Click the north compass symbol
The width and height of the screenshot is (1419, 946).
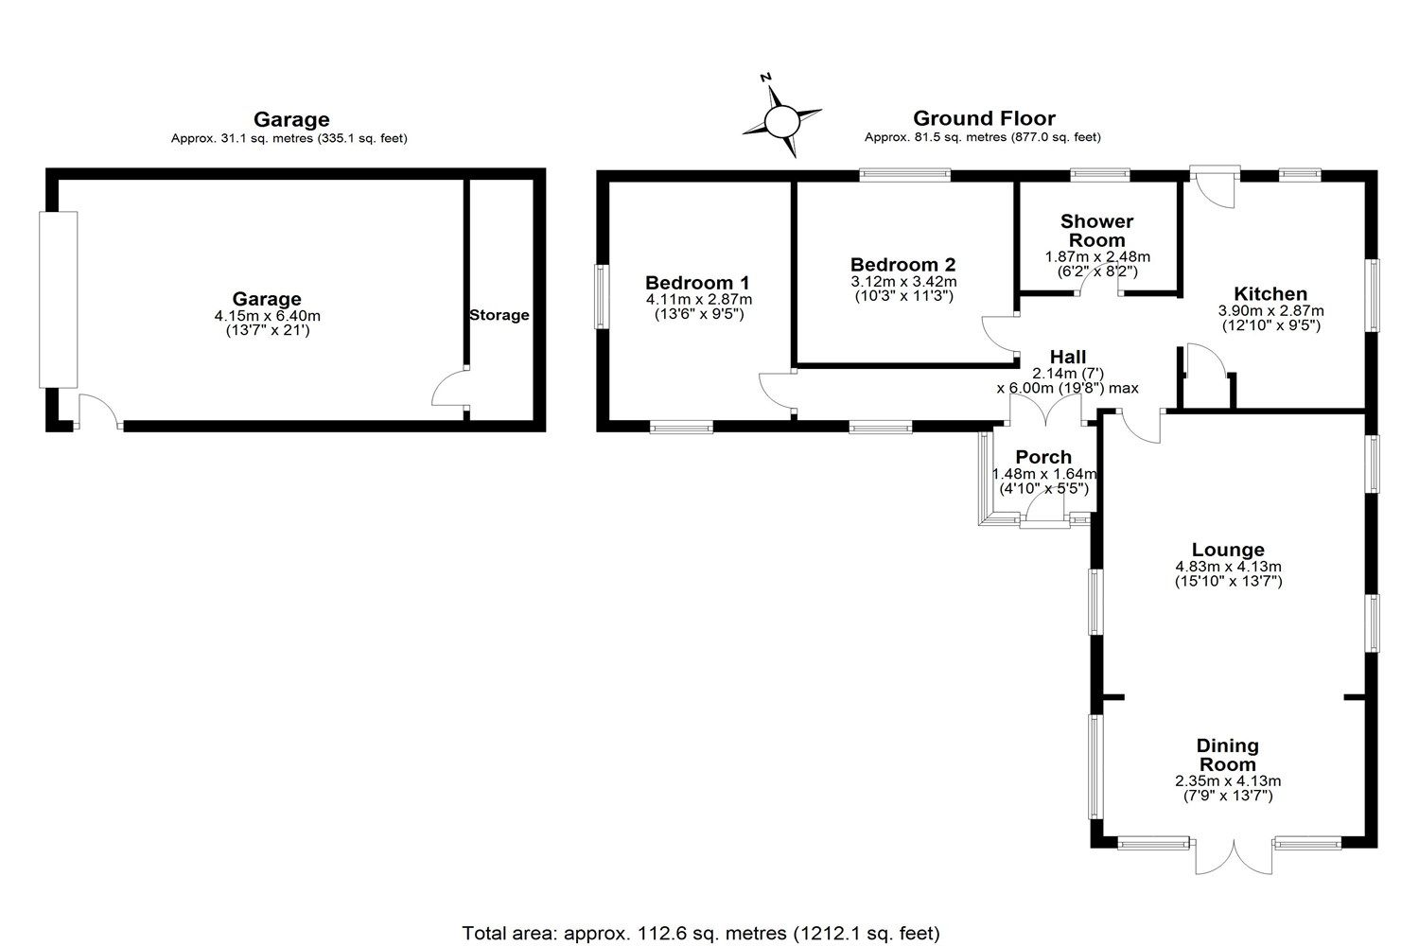click(781, 120)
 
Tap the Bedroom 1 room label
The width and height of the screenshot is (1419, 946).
click(697, 282)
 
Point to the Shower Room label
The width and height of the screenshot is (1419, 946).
click(1096, 231)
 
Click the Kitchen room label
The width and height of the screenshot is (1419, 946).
click(1270, 293)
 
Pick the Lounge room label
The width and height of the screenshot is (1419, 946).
click(1228, 550)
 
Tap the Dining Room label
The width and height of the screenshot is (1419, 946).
click(1228, 755)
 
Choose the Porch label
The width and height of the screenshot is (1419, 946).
click(1042, 457)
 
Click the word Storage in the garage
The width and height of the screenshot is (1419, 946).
click(499, 315)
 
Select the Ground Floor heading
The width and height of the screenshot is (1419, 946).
click(983, 118)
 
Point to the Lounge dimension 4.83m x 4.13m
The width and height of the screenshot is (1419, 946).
click(1228, 567)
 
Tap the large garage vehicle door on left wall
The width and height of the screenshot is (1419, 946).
click(57, 299)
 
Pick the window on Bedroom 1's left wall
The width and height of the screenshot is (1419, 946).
click(601, 296)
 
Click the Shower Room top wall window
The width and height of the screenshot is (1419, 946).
click(1099, 174)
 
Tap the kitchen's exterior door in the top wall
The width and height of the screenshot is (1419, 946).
click(1215, 186)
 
